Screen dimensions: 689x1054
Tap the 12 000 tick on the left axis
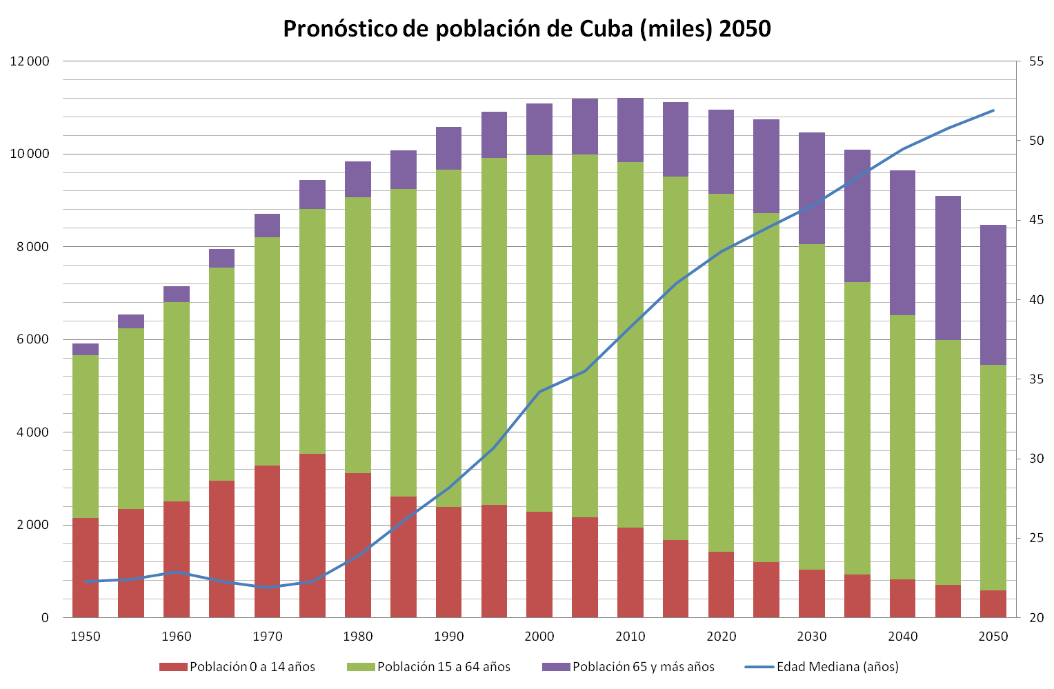[30, 61]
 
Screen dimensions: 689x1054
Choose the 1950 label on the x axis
[86, 636]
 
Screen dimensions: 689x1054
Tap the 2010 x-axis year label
[630, 636]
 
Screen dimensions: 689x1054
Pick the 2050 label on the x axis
[993, 636]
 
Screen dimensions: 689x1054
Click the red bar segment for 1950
[86, 567]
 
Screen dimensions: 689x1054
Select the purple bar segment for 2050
[993, 294]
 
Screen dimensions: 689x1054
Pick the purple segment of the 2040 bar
[902, 243]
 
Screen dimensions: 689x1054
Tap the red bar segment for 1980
[358, 545]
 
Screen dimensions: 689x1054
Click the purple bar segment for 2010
[630, 130]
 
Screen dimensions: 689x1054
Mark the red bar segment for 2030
[811, 593]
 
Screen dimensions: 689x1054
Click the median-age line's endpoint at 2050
[993, 110]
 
